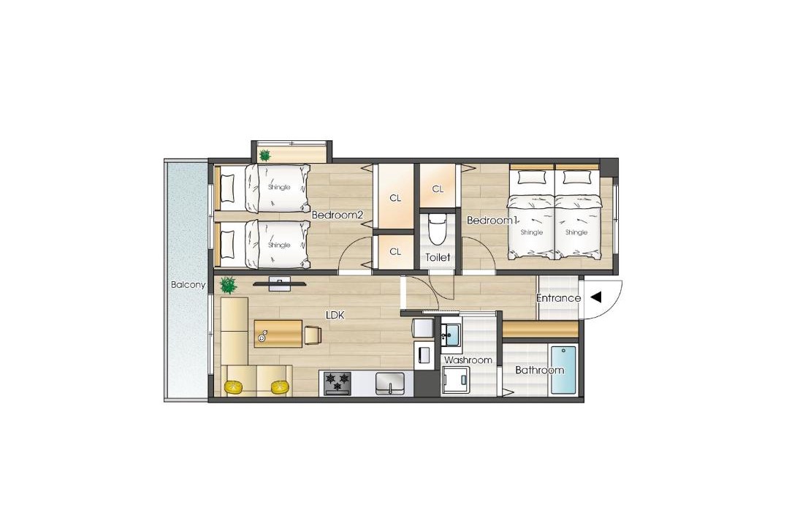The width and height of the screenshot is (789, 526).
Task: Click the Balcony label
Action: (188, 285)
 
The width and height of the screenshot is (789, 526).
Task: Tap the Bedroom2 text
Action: (337, 216)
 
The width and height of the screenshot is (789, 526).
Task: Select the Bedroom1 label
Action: (492, 221)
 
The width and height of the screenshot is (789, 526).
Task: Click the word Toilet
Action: (438, 257)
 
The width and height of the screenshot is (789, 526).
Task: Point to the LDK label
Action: (335, 316)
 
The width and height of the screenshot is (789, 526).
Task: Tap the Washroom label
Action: (468, 360)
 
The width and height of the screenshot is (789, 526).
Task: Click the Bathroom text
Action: (539, 370)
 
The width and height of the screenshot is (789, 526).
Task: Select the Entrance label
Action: (559, 298)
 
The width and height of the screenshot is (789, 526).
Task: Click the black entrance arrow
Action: (596, 297)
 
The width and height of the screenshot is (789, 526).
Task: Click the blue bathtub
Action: (563, 370)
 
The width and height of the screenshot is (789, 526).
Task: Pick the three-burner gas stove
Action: (337, 384)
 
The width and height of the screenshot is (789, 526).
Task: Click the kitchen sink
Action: (390, 384)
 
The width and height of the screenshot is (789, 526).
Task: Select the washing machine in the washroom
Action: (456, 380)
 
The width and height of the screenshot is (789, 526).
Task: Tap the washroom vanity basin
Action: (451, 334)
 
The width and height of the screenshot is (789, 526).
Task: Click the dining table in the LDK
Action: (278, 333)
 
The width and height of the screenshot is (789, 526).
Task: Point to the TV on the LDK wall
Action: (280, 284)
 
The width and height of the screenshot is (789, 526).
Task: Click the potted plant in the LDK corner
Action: (229, 285)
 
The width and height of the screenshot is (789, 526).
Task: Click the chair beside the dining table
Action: (313, 335)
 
